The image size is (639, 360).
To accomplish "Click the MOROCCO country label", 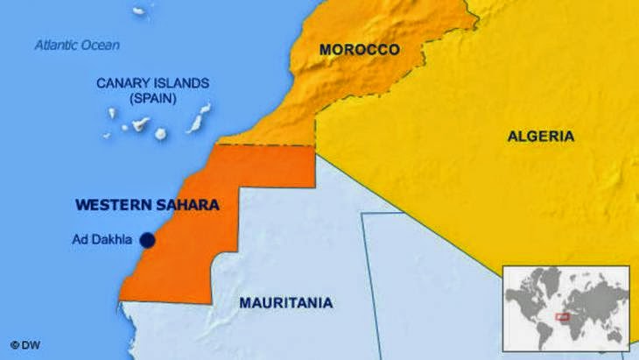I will [x=359, y=50].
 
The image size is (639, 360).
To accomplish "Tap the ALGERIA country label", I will [x=540, y=136].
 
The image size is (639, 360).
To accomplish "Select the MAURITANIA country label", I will [x=285, y=303].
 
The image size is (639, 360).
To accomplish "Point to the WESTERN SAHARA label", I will [x=146, y=204].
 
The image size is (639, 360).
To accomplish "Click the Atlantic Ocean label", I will [x=77, y=45].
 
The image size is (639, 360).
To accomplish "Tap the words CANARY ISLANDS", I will [x=153, y=84].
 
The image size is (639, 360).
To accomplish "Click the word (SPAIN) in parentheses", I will [x=153, y=99].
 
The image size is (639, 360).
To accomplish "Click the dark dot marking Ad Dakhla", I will [x=147, y=239].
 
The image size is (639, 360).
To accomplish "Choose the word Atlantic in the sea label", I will [x=56, y=45].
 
